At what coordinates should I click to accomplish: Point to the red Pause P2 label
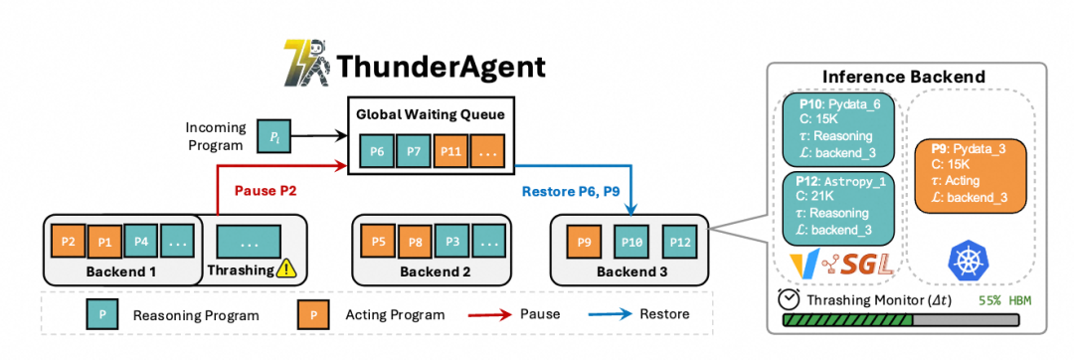(266, 189)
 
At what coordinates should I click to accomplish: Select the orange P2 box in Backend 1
(69, 241)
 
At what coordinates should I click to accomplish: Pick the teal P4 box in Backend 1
(141, 241)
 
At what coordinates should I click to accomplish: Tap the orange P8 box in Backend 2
(415, 241)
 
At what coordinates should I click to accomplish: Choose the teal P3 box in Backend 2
(452, 241)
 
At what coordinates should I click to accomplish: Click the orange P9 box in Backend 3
(586, 241)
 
